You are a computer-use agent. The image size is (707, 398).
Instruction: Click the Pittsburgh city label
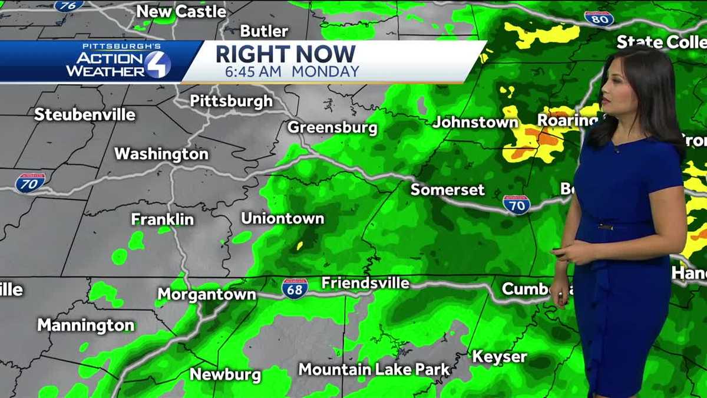231,101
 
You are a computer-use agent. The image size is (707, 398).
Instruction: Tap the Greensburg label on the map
332,127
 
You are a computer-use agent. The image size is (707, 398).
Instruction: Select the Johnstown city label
475,122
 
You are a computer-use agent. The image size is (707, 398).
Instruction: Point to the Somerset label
447,189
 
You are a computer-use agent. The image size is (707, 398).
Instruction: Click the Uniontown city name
282,218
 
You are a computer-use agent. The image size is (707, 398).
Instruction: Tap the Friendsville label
365,283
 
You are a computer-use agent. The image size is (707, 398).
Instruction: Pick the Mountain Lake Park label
374,370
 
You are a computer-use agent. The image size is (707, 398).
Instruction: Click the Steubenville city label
84,114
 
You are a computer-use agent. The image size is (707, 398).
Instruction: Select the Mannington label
85,325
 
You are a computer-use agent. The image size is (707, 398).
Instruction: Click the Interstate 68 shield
295,288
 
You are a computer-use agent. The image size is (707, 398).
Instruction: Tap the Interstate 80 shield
599,18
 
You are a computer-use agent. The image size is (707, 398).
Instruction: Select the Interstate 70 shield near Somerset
516,204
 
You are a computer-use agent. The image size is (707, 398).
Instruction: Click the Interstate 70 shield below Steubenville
30,182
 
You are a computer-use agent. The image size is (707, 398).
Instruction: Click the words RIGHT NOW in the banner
285,54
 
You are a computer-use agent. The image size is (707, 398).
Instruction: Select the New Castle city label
181,11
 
